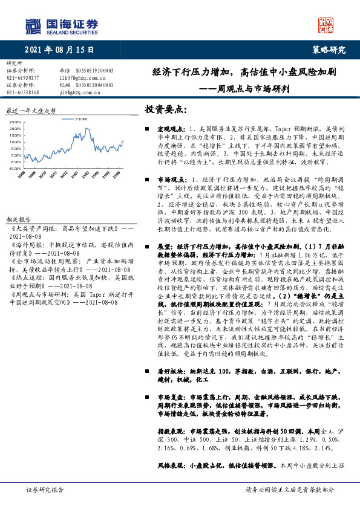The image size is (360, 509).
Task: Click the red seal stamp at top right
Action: (326, 24)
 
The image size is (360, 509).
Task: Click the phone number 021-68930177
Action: (23, 77)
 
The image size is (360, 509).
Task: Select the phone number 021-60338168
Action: (23, 92)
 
